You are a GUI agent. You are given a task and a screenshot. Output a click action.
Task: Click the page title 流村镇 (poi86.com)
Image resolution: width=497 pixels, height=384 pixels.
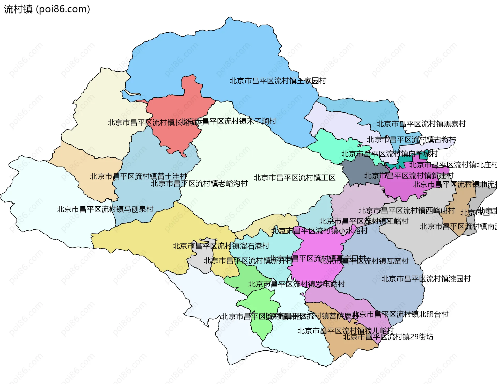coord(47,9)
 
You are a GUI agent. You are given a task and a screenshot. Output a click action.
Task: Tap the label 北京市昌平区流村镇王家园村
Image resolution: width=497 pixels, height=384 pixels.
coord(277,81)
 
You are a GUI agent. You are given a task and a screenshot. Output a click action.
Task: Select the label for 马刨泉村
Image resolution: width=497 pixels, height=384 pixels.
coord(105,209)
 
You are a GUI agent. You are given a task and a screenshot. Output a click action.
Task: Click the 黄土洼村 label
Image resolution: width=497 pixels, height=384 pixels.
coord(138,176)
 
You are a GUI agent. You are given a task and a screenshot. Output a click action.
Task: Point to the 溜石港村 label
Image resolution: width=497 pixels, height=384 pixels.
coord(221,246)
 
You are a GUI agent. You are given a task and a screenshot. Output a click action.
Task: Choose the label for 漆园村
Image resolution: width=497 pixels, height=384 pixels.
coord(426,279)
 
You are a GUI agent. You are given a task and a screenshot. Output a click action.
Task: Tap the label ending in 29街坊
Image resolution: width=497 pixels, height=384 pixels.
coord(388,337)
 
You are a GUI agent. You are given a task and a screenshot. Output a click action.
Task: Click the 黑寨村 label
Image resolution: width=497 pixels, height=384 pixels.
coord(421,124)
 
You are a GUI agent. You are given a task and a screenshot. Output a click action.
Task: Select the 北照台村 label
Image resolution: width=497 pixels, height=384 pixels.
coord(400,314)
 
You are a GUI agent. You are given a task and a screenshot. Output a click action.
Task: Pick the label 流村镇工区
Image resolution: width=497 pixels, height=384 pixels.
coord(294,178)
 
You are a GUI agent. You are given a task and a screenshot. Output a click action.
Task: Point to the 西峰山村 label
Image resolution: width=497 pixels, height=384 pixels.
coord(406,211)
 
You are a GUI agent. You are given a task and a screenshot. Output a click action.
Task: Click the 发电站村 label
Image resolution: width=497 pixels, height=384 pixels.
coord(296,284)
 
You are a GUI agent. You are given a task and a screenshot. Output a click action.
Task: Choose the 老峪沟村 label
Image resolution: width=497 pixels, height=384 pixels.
coord(199,184)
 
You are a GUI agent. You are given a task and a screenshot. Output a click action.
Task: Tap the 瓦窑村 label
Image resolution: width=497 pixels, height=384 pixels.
coord(364,261)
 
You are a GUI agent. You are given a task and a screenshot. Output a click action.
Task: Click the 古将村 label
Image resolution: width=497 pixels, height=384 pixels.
coord(412,140)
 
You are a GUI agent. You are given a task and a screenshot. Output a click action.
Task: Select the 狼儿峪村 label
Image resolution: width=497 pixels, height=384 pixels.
coord(346,331)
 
